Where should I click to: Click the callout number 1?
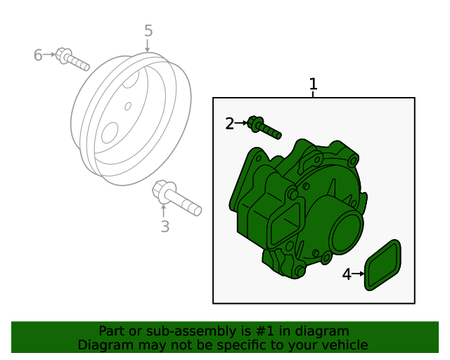[x=313, y=84]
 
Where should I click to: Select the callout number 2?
[x=230, y=124]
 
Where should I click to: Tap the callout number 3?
[x=165, y=226]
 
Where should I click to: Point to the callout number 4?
[x=347, y=274]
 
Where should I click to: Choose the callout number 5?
[x=148, y=31]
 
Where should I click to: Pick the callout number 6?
[x=38, y=55]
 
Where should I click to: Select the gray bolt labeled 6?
[x=72, y=59]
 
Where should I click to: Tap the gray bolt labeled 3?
[x=176, y=198]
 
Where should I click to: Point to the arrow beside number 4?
[x=358, y=274]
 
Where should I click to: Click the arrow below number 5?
[x=148, y=46]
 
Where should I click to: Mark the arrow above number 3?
[x=164, y=211]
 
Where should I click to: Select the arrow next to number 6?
[x=49, y=54]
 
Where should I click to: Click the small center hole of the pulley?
[x=128, y=106]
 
